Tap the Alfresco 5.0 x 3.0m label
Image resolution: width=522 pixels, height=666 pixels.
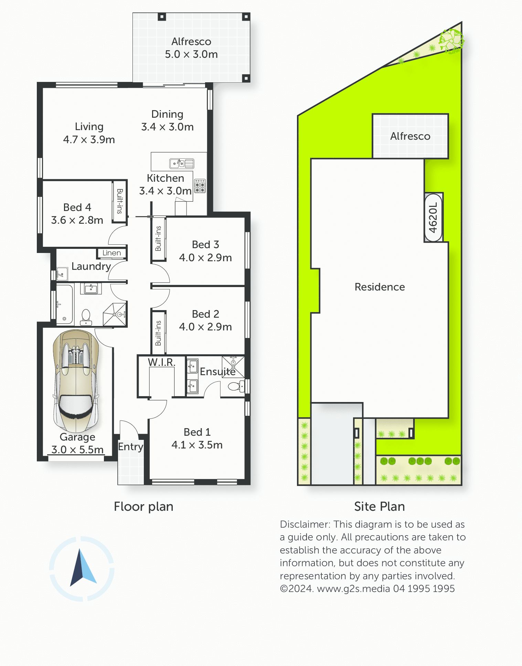[x=191, y=48]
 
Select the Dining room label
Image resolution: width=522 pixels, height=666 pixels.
[x=168, y=120]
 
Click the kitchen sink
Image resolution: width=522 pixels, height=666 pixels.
[x=182, y=163]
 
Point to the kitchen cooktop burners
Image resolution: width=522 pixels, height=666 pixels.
[x=200, y=186]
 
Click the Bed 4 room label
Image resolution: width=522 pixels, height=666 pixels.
[x=77, y=214]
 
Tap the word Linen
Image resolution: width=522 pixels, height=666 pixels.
[x=111, y=253]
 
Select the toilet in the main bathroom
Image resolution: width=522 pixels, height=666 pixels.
[x=86, y=317]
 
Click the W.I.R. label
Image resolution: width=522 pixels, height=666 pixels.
[x=162, y=362]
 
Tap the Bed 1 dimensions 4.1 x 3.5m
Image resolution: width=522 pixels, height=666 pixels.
[x=197, y=445]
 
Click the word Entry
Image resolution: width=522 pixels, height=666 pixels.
[x=131, y=447]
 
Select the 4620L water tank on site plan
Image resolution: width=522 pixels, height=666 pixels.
[x=434, y=218]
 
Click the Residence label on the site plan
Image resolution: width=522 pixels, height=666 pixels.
[x=380, y=287]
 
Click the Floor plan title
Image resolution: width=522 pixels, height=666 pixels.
[x=143, y=507]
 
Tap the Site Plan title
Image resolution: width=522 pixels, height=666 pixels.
[x=380, y=507]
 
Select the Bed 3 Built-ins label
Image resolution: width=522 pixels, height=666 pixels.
[x=158, y=239]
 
